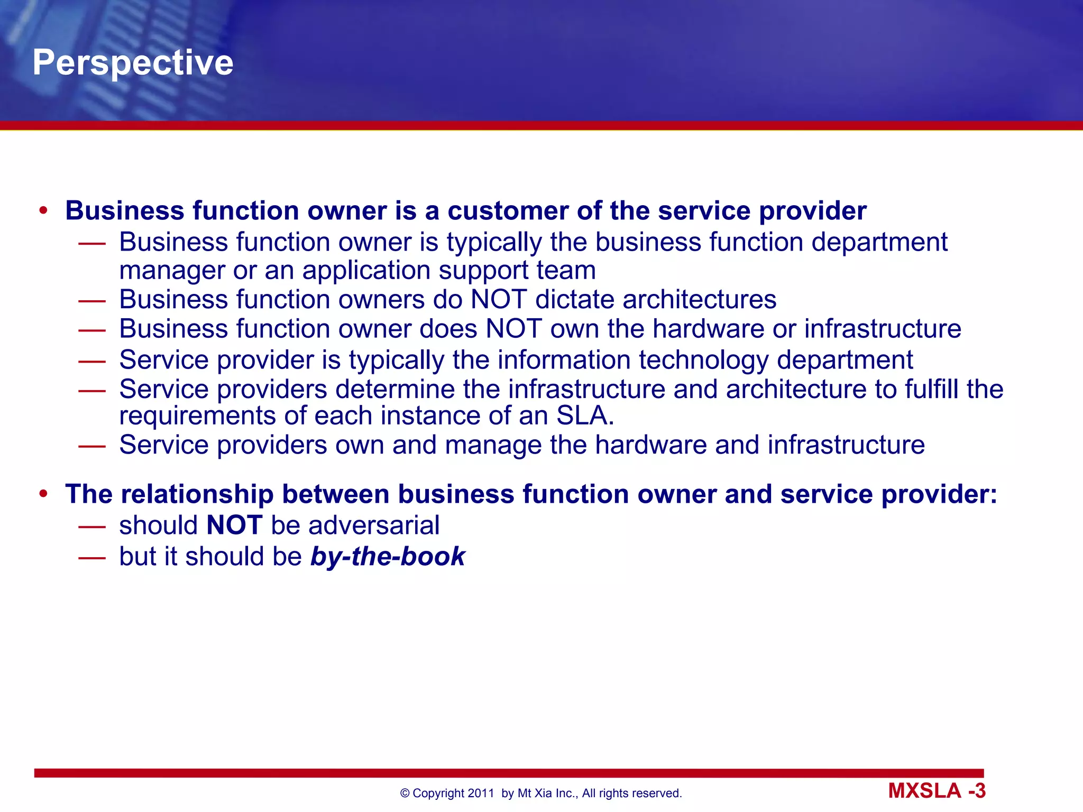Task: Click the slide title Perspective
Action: click(x=133, y=62)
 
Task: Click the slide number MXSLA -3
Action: click(x=937, y=791)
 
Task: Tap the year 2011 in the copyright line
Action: click(x=481, y=793)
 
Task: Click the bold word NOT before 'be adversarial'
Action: click(x=234, y=525)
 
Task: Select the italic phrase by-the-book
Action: click(x=388, y=556)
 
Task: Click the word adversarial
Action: click(x=374, y=525)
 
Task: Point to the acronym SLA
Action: click(x=585, y=416)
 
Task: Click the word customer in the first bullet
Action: click(x=508, y=210)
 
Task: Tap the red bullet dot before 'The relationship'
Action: click(x=43, y=494)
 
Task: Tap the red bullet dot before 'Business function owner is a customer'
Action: click(x=43, y=210)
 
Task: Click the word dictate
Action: click(x=575, y=299)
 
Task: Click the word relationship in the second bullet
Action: click(x=197, y=494)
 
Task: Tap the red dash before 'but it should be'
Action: click(x=92, y=557)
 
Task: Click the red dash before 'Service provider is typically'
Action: click(x=92, y=360)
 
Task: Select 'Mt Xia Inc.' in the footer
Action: click(x=547, y=793)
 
